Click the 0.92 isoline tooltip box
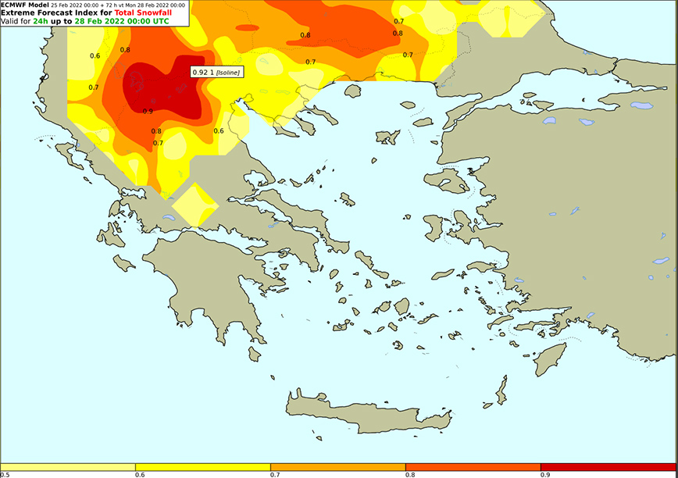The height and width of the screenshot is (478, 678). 216,72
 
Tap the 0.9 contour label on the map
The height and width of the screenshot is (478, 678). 148,111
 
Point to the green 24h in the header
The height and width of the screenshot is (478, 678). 41,21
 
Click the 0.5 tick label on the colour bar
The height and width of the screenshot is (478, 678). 5,474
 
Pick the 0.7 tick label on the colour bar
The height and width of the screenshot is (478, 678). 275,474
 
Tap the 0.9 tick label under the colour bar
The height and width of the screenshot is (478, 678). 544,474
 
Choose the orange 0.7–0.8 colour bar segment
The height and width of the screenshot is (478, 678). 338,466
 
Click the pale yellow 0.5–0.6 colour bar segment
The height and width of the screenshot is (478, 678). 68,466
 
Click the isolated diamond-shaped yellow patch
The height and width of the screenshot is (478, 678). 194,206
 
